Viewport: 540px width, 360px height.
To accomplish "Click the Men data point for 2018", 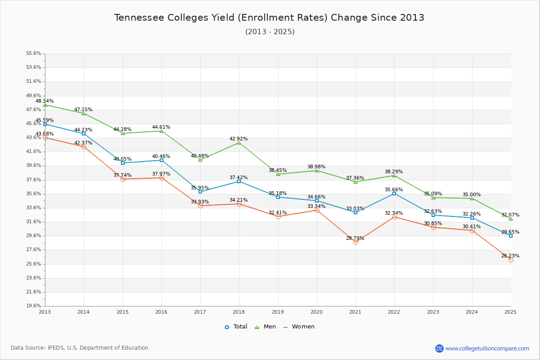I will tap(239, 143).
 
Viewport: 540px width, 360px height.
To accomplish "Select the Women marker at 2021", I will tap(355, 242).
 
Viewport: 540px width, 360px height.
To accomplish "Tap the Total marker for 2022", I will tap(394, 193).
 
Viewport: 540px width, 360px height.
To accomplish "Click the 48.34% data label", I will tap(45, 101).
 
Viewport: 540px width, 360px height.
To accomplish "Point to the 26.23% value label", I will tap(510, 256).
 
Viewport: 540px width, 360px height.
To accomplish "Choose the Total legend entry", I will tap(236, 327).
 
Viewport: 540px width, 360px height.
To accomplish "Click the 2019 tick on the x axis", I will tap(278, 312).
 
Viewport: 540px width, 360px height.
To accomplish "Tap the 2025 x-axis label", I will tap(510, 312).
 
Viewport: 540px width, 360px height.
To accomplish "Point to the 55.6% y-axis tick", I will tap(34, 54).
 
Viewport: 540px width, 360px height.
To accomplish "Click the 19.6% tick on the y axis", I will tap(34, 306).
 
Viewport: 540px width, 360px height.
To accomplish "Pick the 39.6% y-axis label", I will tap(34, 166).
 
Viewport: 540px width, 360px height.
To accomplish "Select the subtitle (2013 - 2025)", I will tap(270, 32).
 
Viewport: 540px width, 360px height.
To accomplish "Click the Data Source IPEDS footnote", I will tap(80, 348).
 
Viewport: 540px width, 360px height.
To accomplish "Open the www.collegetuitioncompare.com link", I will tap(487, 348).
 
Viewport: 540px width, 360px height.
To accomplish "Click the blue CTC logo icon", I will tap(439, 348).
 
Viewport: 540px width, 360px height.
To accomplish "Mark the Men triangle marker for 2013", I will tap(45, 105).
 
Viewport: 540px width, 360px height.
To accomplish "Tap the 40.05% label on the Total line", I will tap(122, 159).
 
